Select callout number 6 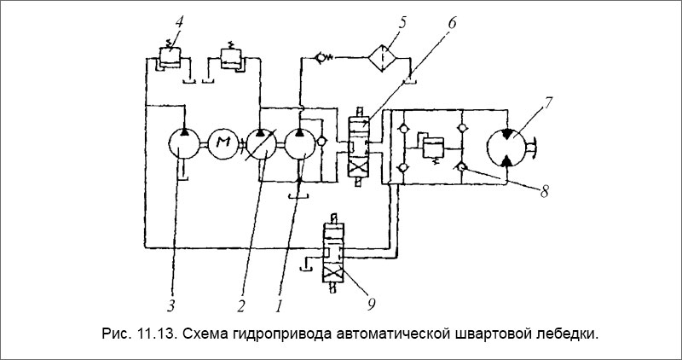pos(452,20)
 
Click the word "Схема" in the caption pos(205,331)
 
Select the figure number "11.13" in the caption pos(152,331)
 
